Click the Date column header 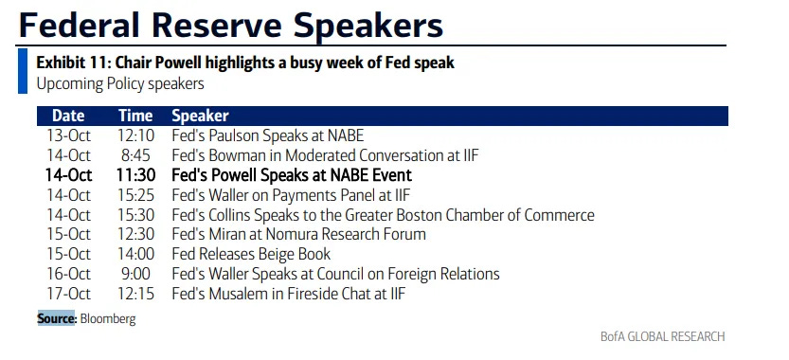(68, 116)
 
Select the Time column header (135, 116)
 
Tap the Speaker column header (200, 117)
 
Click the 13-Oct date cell (69, 135)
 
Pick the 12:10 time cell (136, 135)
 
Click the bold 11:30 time (135, 174)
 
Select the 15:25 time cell (136, 195)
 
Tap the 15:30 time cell (136, 214)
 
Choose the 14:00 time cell (136, 254)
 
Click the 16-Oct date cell (69, 274)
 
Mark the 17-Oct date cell (69, 293)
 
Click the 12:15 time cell (136, 293)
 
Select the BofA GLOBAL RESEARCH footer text (663, 336)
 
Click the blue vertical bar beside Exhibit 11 (23, 71)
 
